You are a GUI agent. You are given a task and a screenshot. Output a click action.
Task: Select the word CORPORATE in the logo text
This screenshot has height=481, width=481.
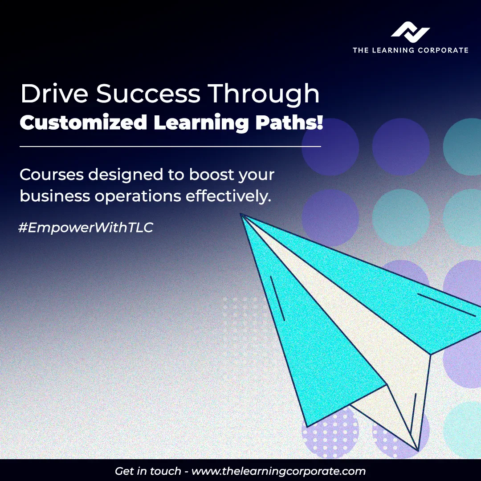coord(443,50)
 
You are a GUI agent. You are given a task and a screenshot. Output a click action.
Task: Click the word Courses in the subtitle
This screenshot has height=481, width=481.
coord(51,175)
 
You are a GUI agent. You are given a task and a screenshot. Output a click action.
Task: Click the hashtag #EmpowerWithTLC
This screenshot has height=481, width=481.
coord(86,228)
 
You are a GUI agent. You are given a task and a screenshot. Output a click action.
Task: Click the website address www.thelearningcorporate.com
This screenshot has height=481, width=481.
coord(278,471)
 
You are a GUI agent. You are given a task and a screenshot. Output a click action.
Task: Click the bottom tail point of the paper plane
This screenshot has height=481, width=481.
coord(417,448)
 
